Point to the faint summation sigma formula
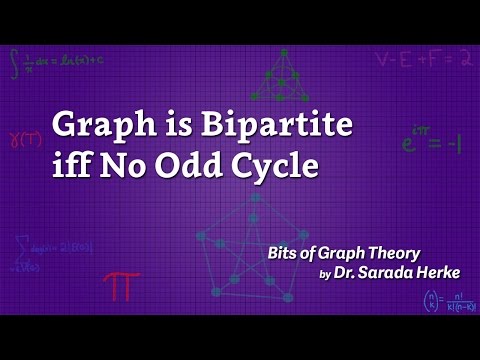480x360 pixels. pos(42,252)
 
